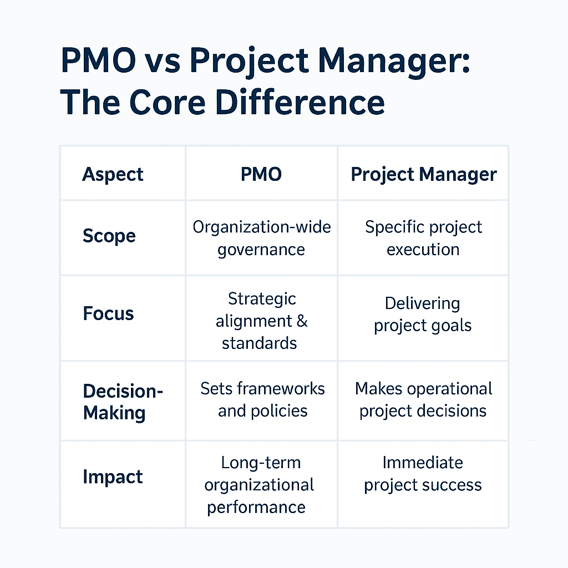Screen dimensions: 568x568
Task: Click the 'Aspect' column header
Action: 113,174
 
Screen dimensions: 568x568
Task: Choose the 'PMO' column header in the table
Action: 261,174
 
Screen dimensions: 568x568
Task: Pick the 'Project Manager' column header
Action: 424,174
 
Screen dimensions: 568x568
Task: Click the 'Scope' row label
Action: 109,236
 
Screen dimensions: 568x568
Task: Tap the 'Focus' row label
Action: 108,313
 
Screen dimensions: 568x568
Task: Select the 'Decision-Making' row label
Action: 123,402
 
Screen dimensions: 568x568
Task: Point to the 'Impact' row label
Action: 113,477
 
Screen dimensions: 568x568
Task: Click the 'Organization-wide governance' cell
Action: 261,238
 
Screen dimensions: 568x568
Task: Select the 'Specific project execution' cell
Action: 423,238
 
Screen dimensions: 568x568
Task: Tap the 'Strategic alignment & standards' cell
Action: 261,321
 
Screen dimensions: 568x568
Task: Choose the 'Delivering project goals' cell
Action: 423,314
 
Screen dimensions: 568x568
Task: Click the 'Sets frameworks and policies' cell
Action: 262,399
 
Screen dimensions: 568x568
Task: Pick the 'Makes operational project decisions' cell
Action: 423,399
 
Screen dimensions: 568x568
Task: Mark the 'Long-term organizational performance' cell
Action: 259,484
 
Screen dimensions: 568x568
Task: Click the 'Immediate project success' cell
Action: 423,473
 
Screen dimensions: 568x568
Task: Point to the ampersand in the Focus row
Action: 302,321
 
